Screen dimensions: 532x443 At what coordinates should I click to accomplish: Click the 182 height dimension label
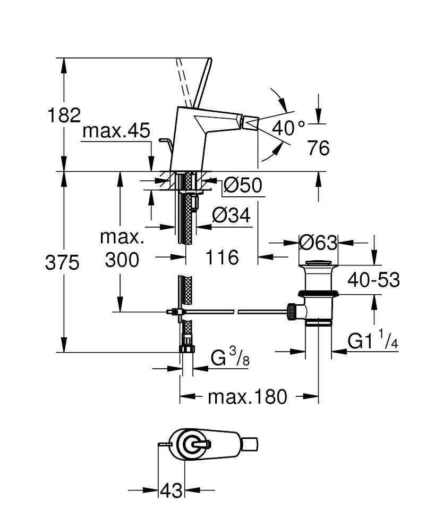click(x=64, y=115)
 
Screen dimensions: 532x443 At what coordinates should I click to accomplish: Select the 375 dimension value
click(x=63, y=263)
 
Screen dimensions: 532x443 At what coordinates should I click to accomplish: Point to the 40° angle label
click(x=288, y=128)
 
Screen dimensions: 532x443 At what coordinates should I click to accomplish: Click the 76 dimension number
click(x=318, y=148)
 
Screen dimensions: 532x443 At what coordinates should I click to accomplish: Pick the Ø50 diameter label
click(x=243, y=186)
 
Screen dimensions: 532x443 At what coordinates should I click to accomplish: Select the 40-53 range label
click(x=373, y=279)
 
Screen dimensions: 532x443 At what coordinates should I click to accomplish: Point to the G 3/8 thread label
click(x=230, y=358)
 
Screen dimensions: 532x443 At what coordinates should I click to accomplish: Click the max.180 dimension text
click(x=247, y=396)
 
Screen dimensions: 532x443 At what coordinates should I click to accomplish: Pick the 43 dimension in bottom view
click(x=171, y=489)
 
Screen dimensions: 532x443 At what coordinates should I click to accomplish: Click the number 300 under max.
click(x=122, y=260)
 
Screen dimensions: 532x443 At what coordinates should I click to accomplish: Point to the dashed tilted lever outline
click(x=183, y=80)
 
